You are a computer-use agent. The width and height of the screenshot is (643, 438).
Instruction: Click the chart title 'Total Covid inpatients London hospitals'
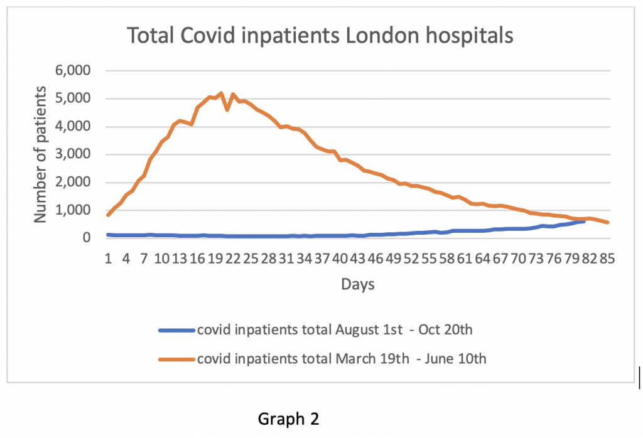tap(320, 36)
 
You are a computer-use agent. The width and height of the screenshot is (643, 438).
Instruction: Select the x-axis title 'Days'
tap(358, 285)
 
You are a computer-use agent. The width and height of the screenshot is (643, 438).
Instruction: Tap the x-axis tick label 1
tap(109, 258)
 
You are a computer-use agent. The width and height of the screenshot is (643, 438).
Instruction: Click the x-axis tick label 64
tap(482, 258)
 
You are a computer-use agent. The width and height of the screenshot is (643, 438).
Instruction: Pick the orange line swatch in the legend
tap(176, 360)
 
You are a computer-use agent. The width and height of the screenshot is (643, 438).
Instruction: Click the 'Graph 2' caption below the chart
tap(289, 419)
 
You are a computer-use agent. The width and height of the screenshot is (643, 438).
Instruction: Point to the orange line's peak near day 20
tap(221, 93)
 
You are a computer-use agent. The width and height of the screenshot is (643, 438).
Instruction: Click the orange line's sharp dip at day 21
tap(227, 110)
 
